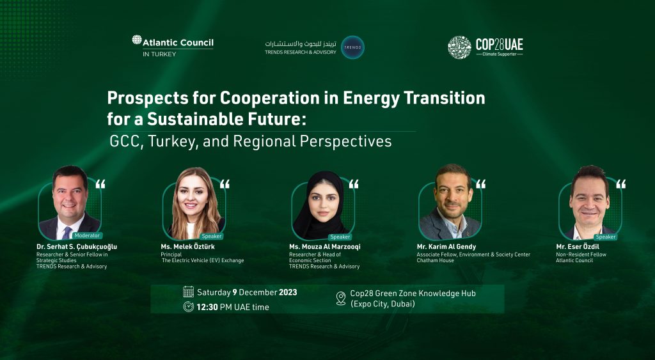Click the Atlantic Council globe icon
coord(137,40)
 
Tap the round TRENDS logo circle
coord(352,47)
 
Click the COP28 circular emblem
coord(459,47)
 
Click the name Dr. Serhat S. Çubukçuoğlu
coord(77,247)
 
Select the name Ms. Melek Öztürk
coord(192,247)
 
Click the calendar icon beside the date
coord(188,292)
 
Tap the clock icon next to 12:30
coord(188,306)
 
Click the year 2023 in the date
coord(288,292)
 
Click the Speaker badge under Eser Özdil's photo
coord(605,237)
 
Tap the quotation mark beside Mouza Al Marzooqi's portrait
coord(354,185)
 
